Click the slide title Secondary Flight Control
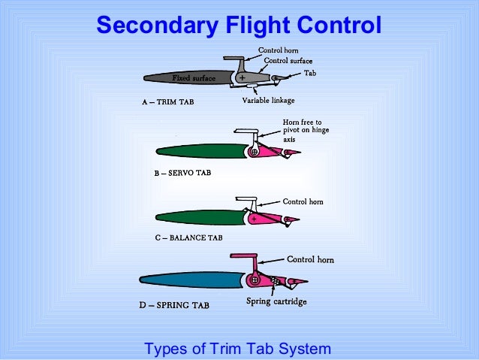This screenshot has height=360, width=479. click(239, 26)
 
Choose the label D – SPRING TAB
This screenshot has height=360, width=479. click(176, 306)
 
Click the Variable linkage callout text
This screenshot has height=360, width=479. click(268, 99)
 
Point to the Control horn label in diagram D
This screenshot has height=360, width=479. click(310, 260)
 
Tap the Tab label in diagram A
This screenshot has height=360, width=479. click(310, 73)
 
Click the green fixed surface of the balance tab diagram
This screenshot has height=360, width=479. click(199, 217)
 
